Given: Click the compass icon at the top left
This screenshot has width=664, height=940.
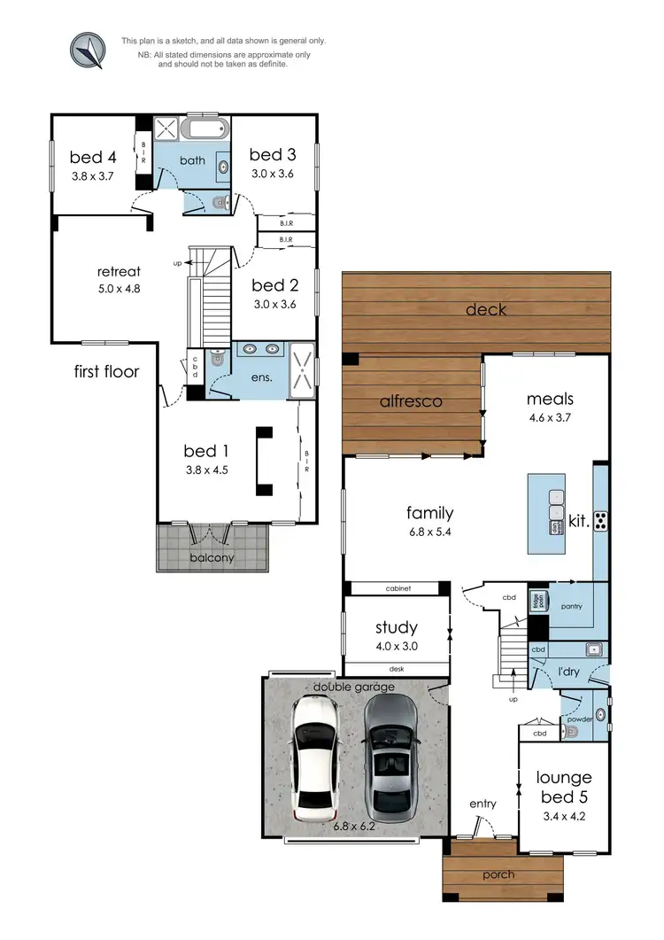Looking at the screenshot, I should pyautogui.click(x=88, y=50).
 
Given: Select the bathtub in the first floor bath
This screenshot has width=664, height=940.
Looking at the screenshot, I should pyautogui.click(x=205, y=131).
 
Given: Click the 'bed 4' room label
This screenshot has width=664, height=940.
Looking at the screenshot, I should pyautogui.click(x=93, y=158).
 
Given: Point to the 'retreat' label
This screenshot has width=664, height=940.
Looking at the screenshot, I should pyautogui.click(x=119, y=271).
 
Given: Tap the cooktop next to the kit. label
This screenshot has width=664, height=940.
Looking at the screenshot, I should pyautogui.click(x=600, y=521).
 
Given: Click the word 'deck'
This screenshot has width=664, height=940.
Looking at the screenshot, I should pyautogui.click(x=486, y=309).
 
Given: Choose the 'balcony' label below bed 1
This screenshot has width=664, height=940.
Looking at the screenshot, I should pyautogui.click(x=212, y=558).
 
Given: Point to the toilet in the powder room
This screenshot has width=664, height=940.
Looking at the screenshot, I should pyautogui.click(x=572, y=732).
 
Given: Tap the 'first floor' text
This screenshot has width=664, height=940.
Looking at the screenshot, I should pyautogui.click(x=106, y=371).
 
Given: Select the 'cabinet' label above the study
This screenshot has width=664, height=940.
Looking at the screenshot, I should pyautogui.click(x=398, y=588).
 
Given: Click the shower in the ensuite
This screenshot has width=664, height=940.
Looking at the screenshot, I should pyautogui.click(x=303, y=369).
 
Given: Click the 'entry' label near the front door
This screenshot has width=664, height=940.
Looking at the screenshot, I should pyautogui.click(x=483, y=804).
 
